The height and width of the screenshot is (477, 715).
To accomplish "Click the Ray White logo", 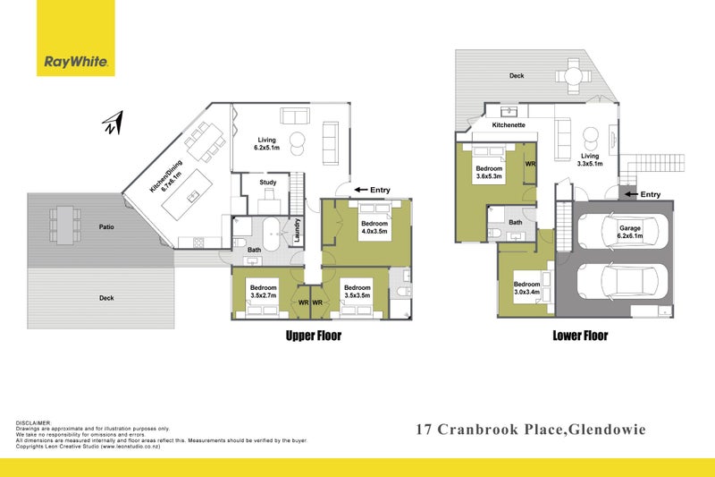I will tap(76, 62).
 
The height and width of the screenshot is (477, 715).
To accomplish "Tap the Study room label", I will tap(268, 183).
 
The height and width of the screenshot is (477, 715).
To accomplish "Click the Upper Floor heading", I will tap(313, 336).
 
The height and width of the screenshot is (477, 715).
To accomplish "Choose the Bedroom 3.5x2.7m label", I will tap(263, 291).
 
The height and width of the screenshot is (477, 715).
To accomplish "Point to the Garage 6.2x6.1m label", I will tap(629, 233).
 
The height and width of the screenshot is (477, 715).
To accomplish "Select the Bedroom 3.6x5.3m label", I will tap(490, 173).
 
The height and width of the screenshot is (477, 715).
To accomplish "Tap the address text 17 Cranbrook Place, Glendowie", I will tap(530, 430).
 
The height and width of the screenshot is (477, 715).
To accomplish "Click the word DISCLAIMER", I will tap(34, 422).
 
